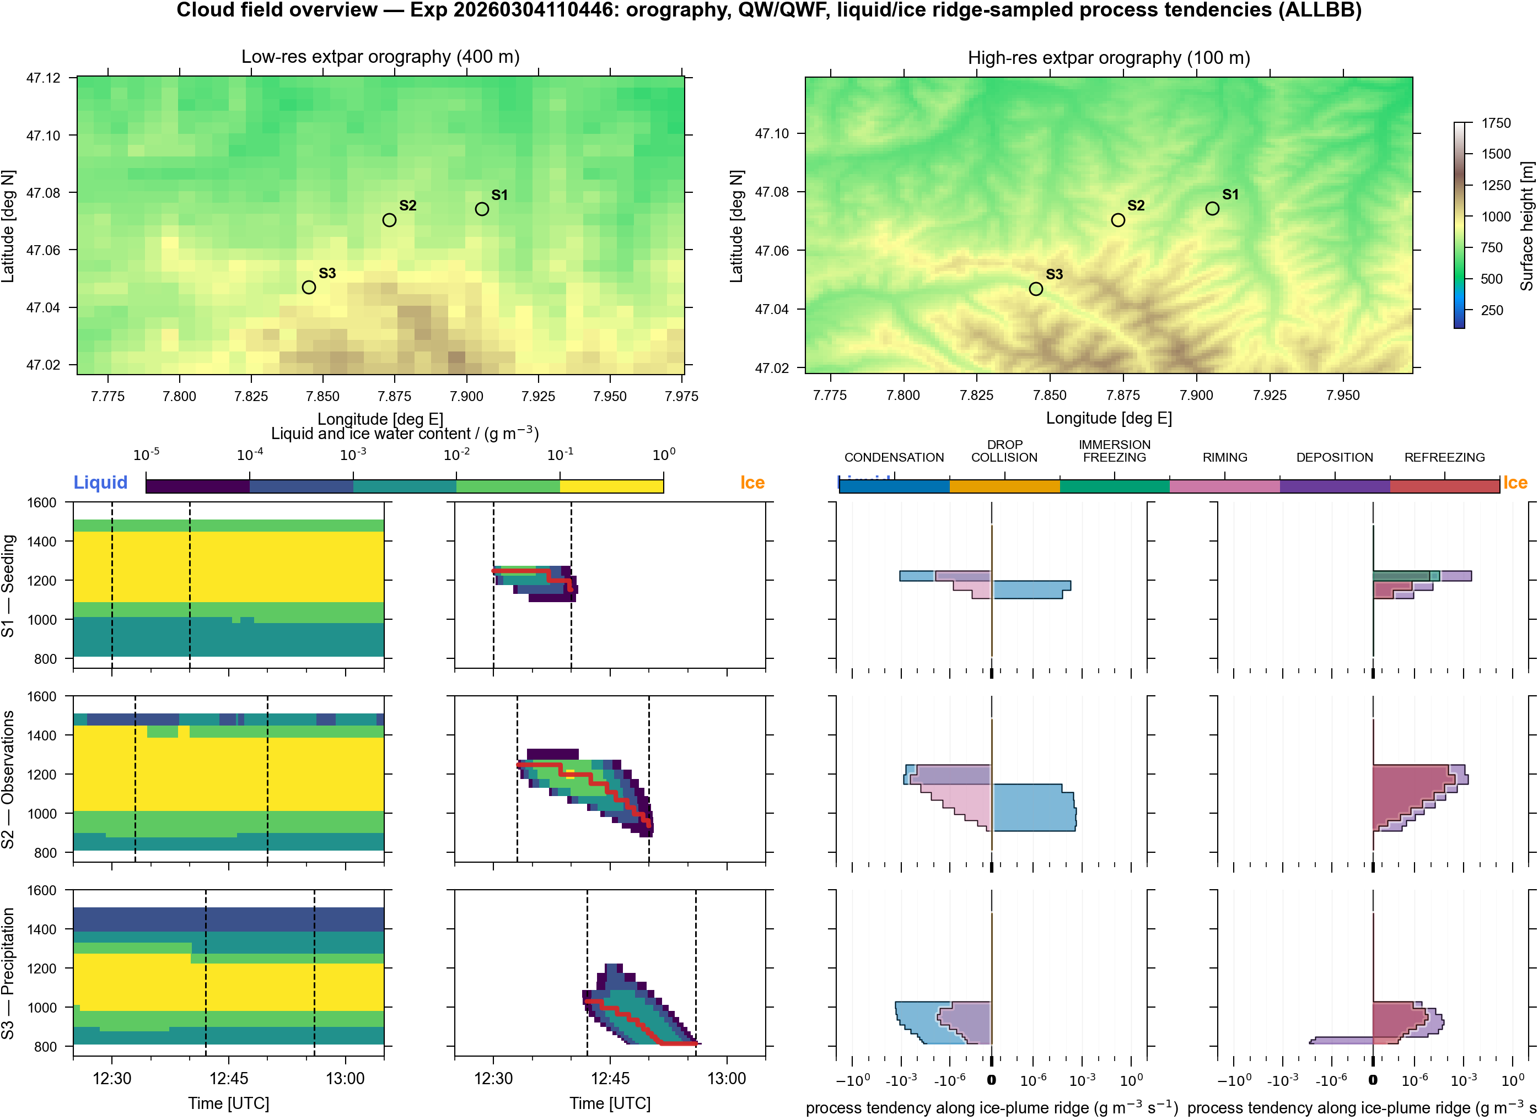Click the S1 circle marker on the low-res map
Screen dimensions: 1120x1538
point(482,209)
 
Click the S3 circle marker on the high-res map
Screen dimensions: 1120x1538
point(1035,289)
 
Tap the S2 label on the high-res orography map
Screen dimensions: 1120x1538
point(1136,205)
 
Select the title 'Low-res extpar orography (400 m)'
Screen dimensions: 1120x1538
point(380,57)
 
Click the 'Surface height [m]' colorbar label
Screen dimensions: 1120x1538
point(1526,226)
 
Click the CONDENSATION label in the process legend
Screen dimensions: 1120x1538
point(894,458)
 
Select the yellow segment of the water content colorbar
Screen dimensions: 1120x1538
point(611,486)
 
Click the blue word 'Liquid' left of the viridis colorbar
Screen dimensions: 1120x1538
point(100,483)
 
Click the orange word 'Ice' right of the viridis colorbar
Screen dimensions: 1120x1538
point(752,483)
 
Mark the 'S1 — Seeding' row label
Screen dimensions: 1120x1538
point(8,586)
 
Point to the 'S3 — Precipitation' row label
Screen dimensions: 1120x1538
point(8,973)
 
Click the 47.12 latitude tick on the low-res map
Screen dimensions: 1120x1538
point(44,78)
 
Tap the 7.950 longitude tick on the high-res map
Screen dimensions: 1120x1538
point(1343,395)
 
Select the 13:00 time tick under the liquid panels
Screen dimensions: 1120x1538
point(345,1079)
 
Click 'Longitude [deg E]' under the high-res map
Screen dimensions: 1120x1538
point(1109,418)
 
